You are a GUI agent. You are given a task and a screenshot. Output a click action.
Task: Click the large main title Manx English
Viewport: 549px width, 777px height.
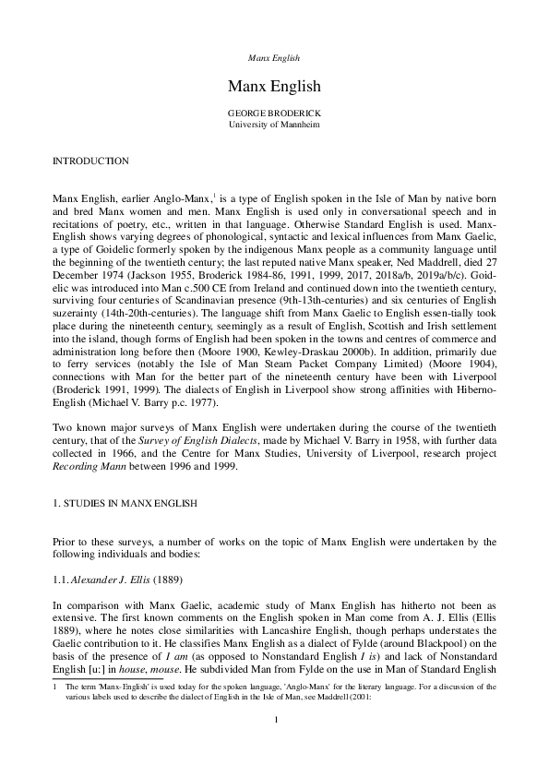(274, 87)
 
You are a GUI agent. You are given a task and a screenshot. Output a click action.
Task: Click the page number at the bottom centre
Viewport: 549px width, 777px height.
(274, 745)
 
